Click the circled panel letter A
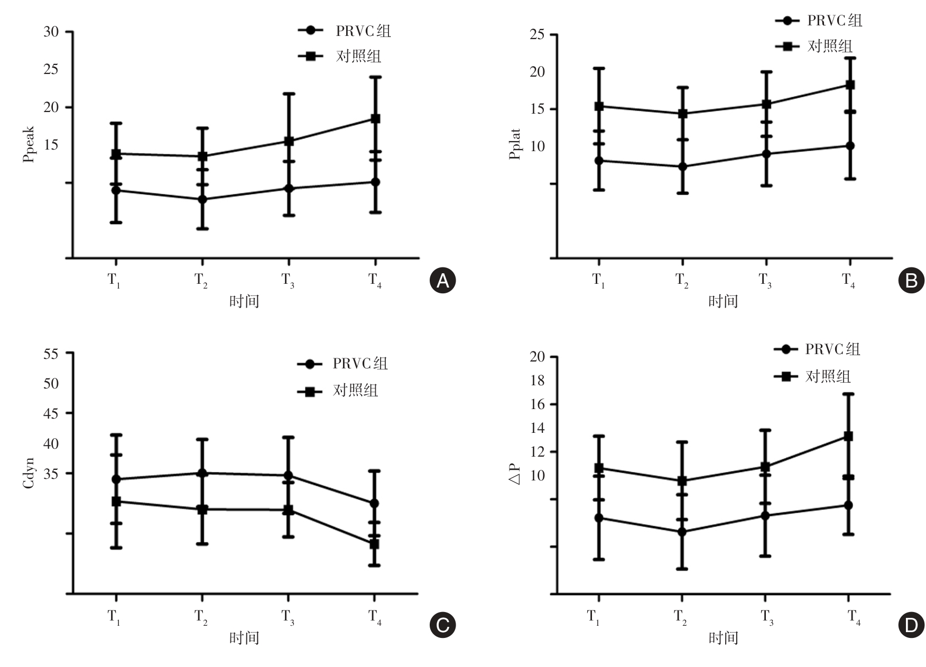pos(442,281)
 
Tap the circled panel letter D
pos(911,626)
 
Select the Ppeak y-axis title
pos(29,144)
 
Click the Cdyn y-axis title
pos(29,473)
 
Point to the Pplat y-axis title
pos(515,144)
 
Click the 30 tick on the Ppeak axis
pos(51,32)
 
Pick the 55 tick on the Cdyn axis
pos(51,354)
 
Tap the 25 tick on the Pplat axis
pos(537,35)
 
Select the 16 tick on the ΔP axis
pos(537,404)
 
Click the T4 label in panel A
pos(375,280)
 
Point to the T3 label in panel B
pos(765,280)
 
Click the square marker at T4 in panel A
pos(375,119)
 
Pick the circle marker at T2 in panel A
pos(202,199)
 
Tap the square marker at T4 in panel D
pos(848,437)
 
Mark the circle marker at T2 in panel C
pos(201,473)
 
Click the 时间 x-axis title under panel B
pos(723,302)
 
